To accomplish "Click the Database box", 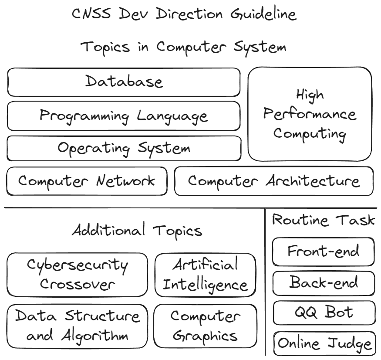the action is (124, 82).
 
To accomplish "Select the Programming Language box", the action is (124, 116).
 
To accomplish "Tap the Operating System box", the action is (124, 148).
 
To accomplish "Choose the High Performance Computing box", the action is (310, 114).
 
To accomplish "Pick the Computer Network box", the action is (87, 181).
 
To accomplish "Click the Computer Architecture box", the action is (273, 181).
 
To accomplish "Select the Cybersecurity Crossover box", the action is (78, 275).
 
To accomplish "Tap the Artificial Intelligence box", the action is (205, 275).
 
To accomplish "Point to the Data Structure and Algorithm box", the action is (78, 326).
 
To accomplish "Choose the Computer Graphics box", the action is (205, 326).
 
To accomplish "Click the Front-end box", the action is (323, 251).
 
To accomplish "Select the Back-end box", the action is (323, 283).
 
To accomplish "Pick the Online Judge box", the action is (325, 344).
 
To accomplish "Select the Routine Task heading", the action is (323, 220).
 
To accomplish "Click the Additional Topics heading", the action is (137, 230).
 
